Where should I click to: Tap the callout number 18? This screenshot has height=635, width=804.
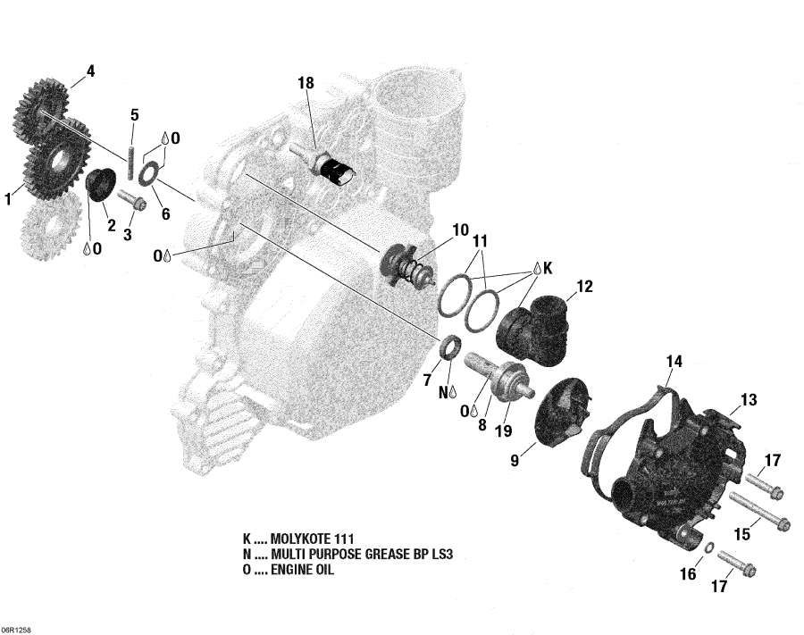(x=306, y=83)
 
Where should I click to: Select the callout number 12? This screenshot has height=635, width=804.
(x=584, y=287)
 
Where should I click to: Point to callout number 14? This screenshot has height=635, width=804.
(x=674, y=362)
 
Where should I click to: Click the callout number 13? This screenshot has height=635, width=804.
(x=747, y=398)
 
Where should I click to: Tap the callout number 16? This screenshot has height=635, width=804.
(x=688, y=574)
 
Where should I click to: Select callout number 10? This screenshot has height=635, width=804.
(x=460, y=230)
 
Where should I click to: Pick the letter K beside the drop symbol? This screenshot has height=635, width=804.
(x=548, y=267)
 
